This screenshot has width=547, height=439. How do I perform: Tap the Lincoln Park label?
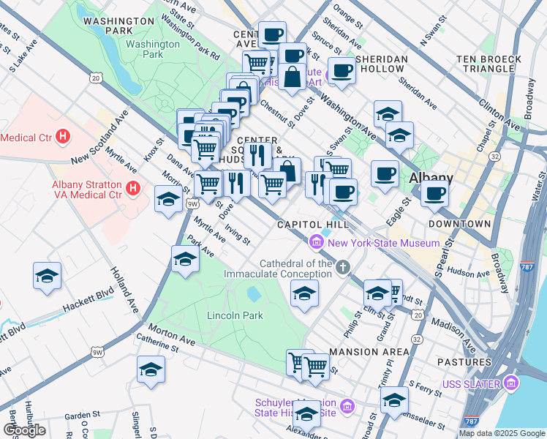235,315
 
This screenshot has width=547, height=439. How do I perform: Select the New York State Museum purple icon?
317,241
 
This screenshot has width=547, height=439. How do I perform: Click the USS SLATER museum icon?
510,383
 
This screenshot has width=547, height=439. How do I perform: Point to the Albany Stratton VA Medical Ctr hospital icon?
133,189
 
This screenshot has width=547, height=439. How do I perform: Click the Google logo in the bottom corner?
24,430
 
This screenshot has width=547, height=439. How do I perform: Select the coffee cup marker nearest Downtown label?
434,193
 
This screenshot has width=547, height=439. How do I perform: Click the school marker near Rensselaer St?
394,399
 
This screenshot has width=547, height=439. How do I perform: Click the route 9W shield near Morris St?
192,204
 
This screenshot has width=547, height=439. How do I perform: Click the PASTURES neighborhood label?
464,362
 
